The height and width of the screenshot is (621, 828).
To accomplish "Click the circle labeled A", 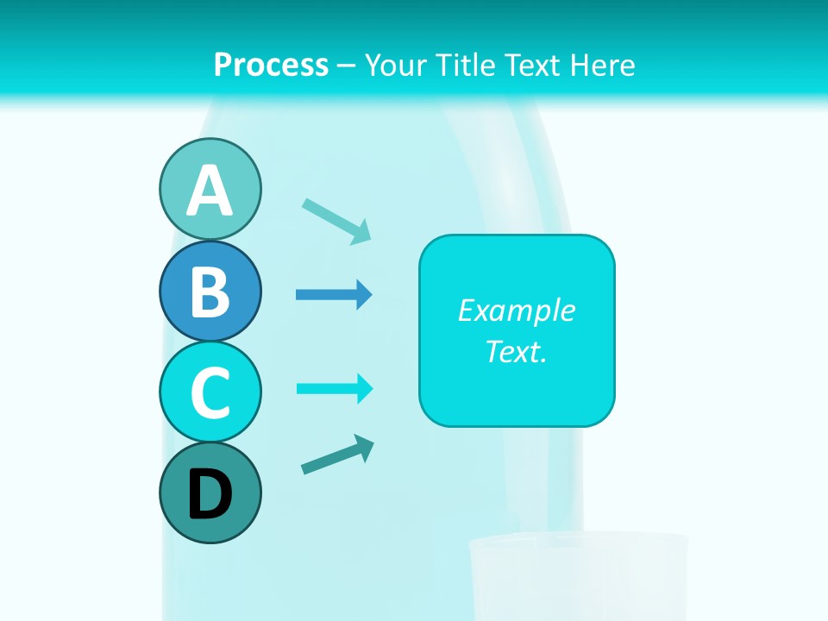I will pos(210,189).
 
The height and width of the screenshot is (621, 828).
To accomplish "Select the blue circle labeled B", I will pos(210,291).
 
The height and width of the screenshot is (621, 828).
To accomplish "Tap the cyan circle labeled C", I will pos(210,392).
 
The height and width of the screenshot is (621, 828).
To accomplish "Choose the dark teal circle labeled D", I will pos(210,492).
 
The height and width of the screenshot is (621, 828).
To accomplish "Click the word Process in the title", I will pos(271,65).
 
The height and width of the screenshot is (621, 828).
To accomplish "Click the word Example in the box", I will pos(516,310).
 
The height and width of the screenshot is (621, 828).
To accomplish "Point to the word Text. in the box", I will pos(516,352).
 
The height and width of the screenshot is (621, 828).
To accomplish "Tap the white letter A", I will pos(210,191).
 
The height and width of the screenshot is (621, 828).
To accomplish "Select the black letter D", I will pos(210,494).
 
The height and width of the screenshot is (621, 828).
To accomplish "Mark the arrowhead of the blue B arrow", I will pos(364,295).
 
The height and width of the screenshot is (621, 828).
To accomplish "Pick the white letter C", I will pos(210,392).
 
